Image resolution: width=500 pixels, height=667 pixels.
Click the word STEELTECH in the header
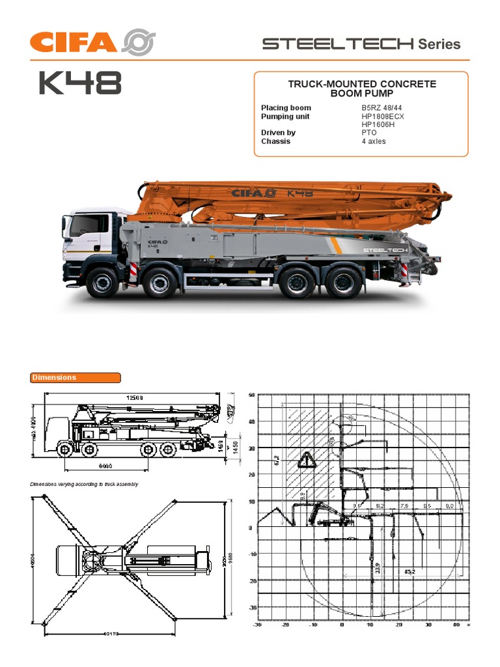[337, 44]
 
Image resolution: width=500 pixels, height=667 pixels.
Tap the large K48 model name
[80, 83]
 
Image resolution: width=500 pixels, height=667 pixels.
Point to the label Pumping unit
[285, 117]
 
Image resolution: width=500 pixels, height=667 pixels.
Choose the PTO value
[369, 133]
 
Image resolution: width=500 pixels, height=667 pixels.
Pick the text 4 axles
[374, 141]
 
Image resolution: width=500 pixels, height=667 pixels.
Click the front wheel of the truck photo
[102, 282]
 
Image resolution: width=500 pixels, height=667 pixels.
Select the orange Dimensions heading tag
[76, 378]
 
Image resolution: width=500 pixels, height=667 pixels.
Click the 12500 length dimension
[135, 397]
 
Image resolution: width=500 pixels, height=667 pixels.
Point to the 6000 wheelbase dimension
[106, 466]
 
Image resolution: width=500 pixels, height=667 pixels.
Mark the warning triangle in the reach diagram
[307, 461]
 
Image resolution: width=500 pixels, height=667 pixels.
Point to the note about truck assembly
[85, 485]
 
